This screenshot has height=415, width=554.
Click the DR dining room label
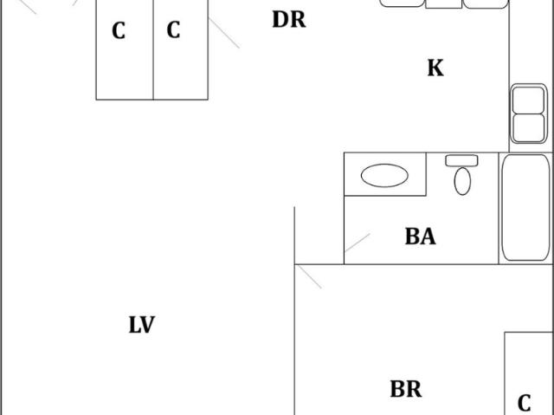(288, 19)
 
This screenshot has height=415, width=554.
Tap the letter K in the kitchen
(435, 68)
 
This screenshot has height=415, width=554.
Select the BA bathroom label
(420, 237)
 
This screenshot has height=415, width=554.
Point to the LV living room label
(142, 325)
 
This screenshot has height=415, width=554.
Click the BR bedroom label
(406, 389)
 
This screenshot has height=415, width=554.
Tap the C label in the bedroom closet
(525, 403)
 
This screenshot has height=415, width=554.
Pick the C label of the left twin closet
(119, 30)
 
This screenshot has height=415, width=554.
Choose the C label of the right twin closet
(173, 29)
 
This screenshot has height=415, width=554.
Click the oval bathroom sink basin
(384, 175)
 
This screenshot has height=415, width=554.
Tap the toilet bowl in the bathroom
(462, 181)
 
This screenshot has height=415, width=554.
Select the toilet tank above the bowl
(461, 160)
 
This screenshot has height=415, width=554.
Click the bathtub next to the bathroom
(525, 208)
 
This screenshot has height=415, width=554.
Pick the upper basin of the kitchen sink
(528, 101)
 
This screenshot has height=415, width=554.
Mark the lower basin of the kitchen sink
(528, 127)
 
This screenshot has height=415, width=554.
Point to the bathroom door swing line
(358, 243)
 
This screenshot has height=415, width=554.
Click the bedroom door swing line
(308, 276)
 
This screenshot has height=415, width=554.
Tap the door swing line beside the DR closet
(224, 33)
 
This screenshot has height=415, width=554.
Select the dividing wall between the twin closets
(153, 50)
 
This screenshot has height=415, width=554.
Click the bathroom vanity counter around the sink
(385, 174)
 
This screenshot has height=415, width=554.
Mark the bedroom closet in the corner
(529, 373)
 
